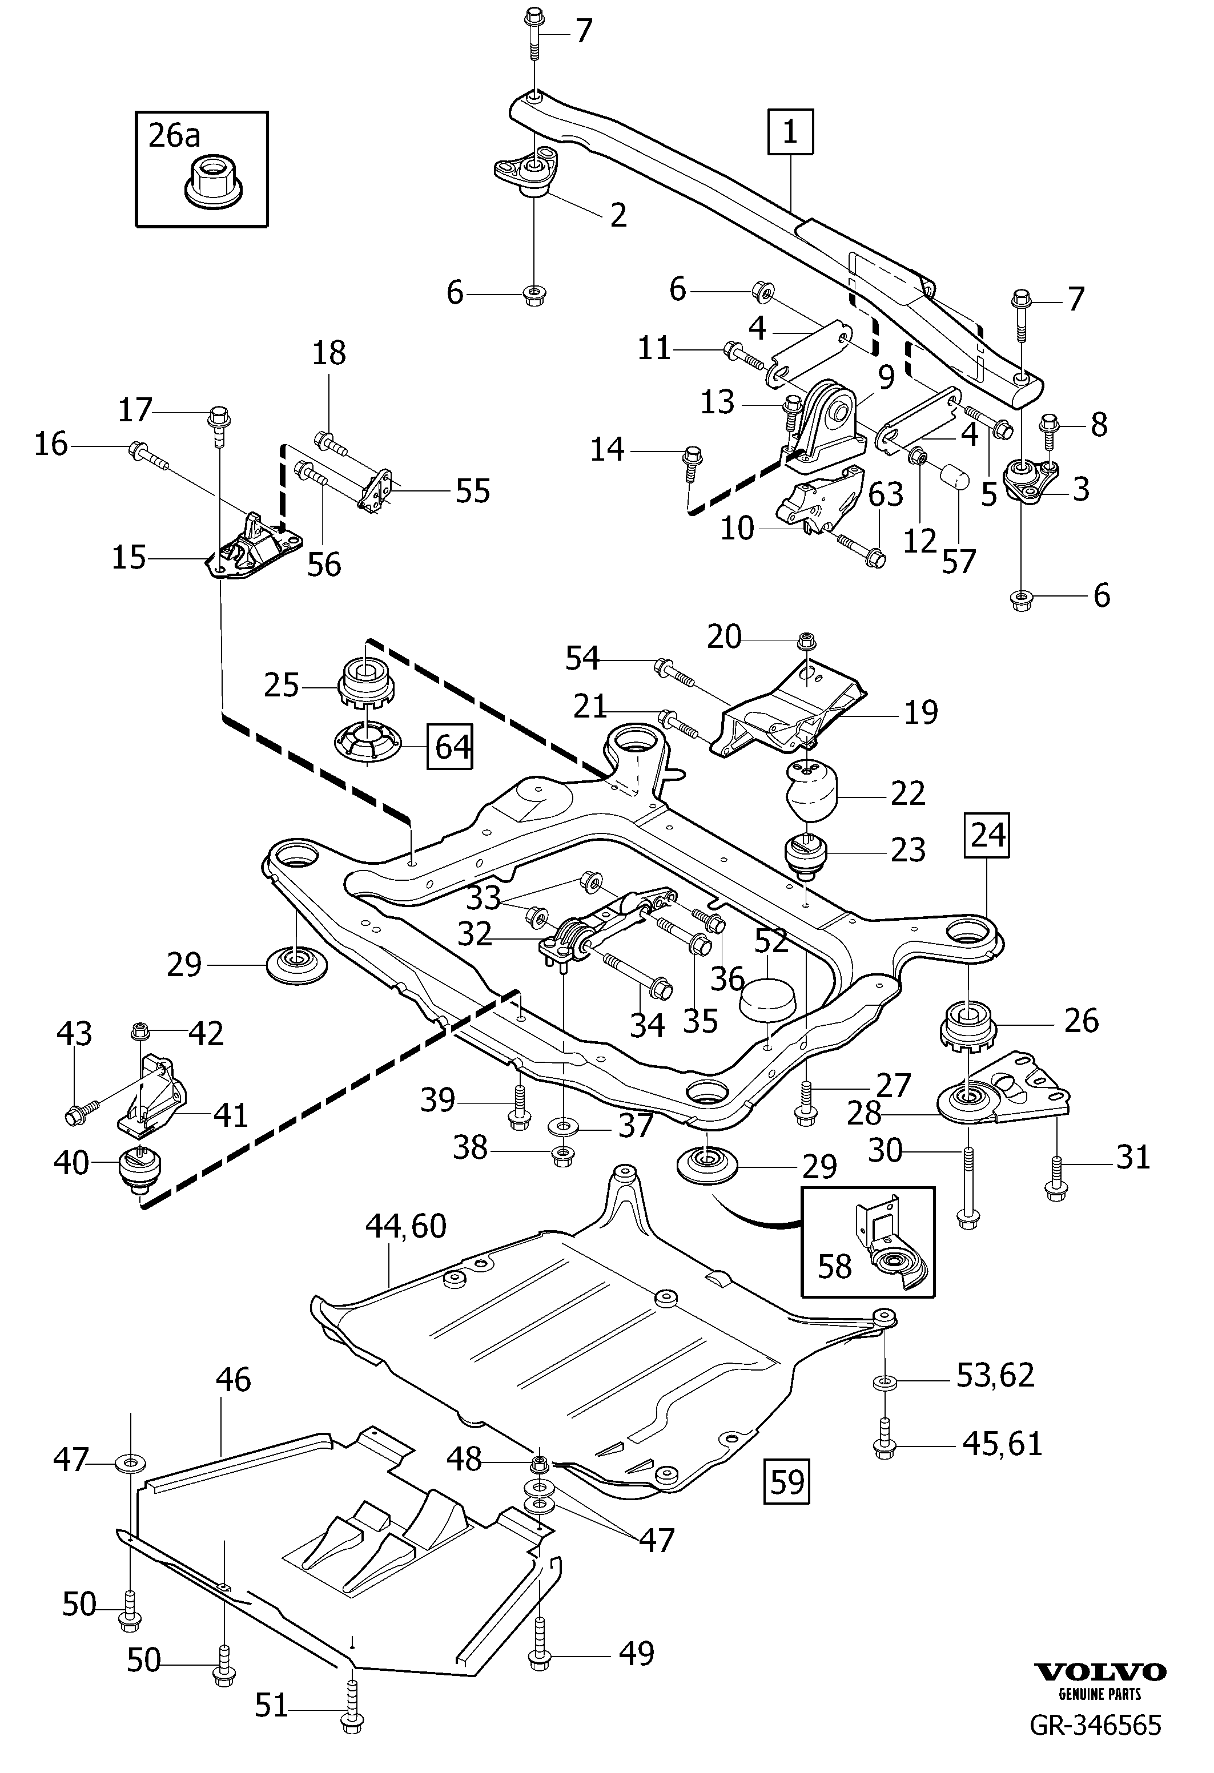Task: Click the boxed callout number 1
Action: coord(790,132)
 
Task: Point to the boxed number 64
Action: coord(450,746)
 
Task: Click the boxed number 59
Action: coord(787,1481)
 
